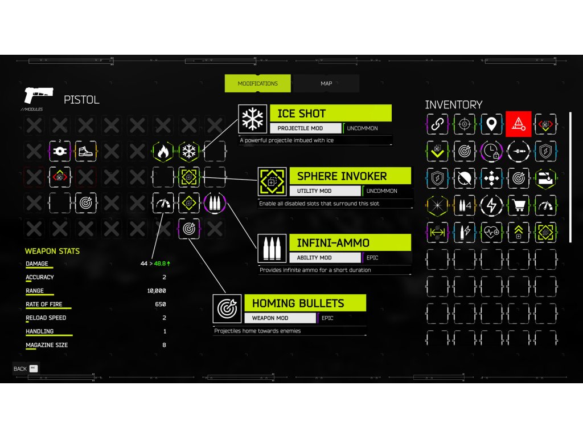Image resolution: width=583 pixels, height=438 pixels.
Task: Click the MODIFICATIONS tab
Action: [257, 83]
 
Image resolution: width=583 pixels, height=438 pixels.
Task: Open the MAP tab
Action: [326, 83]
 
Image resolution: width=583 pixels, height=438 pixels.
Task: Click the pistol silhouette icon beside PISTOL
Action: [38, 95]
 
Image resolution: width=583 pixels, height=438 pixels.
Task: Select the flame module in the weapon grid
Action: [163, 152]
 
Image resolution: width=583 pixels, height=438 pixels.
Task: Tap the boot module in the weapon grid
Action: [85, 152]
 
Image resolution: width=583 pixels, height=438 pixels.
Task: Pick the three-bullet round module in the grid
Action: [214, 203]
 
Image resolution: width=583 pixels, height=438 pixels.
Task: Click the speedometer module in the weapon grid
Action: [163, 203]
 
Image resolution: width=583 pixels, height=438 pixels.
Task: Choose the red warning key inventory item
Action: [518, 124]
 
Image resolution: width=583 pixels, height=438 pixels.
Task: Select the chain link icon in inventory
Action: [437, 124]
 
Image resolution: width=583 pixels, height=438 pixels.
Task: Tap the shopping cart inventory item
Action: [518, 205]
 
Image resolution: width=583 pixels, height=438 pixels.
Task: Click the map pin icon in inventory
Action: [491, 124]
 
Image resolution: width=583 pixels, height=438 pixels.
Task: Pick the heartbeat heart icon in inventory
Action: [491, 232]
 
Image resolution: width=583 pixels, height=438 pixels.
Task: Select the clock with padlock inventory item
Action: [491, 151]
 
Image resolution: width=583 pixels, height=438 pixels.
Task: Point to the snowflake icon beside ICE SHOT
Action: [252, 119]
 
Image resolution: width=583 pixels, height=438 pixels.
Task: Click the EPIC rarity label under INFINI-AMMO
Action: [372, 258]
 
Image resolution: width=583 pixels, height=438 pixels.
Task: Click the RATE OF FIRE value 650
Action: [160, 305]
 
